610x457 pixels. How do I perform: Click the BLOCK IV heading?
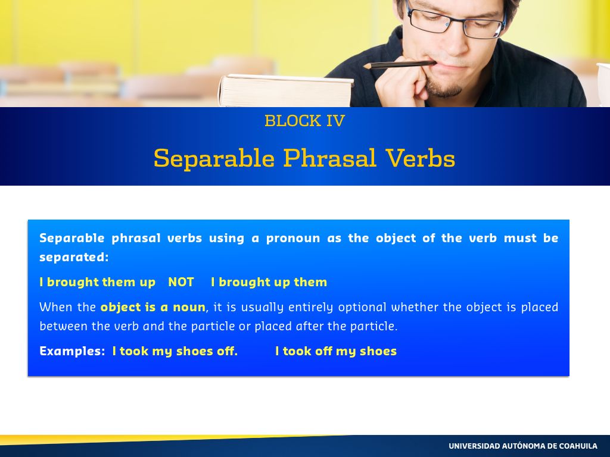pyautogui.click(x=304, y=120)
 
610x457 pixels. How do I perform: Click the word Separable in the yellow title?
pyautogui.click(x=214, y=158)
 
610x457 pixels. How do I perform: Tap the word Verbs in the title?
pyautogui.click(x=421, y=158)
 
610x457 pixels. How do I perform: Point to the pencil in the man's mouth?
pyautogui.click(x=399, y=64)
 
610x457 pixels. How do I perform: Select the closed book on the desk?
pyautogui.click(x=286, y=90)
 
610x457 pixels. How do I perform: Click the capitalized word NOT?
pyautogui.click(x=181, y=282)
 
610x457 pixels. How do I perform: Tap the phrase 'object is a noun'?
pyautogui.click(x=153, y=308)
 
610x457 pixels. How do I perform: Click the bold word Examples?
pyautogui.click(x=72, y=351)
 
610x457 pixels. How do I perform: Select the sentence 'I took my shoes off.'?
pyautogui.click(x=175, y=351)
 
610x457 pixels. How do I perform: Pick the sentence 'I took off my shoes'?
pyautogui.click(x=336, y=351)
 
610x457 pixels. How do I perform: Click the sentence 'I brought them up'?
pyautogui.click(x=98, y=282)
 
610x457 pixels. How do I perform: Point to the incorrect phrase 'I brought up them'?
pyautogui.click(x=269, y=282)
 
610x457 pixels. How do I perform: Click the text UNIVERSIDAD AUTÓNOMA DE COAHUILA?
pyautogui.click(x=523, y=446)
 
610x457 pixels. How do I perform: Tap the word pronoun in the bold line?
pyautogui.click(x=293, y=238)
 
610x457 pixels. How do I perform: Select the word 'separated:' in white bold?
pyautogui.click(x=74, y=257)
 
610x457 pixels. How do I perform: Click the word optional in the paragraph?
pyautogui.click(x=362, y=308)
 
